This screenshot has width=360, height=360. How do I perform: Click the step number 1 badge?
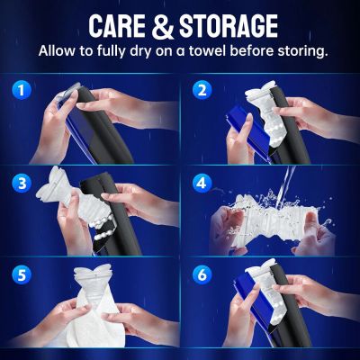click(20, 90)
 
